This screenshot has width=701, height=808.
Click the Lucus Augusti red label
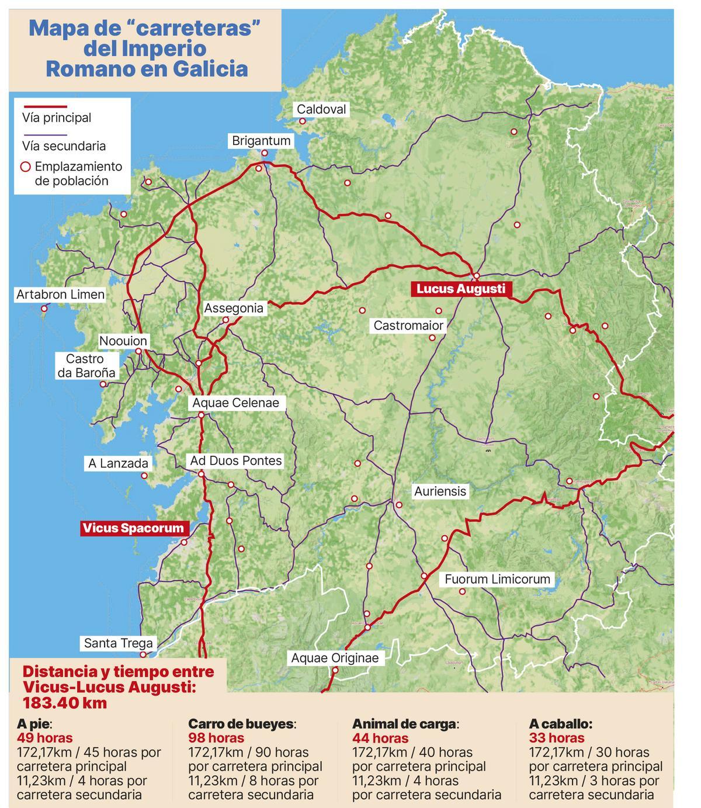pyautogui.click(x=460, y=289)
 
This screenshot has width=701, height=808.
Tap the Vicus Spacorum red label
pyautogui.click(x=133, y=528)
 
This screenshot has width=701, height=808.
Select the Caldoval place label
pyautogui.click(x=321, y=109)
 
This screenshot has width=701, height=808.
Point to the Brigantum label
pyautogui.click(x=261, y=141)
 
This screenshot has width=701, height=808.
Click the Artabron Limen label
pyautogui.click(x=60, y=294)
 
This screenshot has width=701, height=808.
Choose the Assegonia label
pyautogui.click(x=234, y=308)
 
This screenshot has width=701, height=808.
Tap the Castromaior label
pyautogui.click(x=408, y=325)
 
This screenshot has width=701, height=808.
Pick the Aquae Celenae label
pyautogui.click(x=235, y=403)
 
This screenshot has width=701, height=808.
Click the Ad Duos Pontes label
pyautogui.click(x=235, y=461)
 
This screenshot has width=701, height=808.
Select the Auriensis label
pyautogui.click(x=440, y=491)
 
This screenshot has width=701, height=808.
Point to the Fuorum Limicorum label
pyautogui.click(x=497, y=579)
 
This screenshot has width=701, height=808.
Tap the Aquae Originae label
pyautogui.click(x=335, y=658)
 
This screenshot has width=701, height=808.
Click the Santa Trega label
pyautogui.click(x=118, y=643)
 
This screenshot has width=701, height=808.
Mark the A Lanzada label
pyautogui.click(x=118, y=463)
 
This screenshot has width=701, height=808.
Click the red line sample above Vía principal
pyautogui.click(x=44, y=107)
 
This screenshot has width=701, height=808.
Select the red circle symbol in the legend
pyautogui.click(x=26, y=167)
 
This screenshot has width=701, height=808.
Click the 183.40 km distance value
pyautogui.click(x=65, y=703)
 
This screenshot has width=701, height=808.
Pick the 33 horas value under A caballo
pyautogui.click(x=556, y=738)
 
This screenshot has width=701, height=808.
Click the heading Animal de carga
pyautogui.click(x=405, y=724)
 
